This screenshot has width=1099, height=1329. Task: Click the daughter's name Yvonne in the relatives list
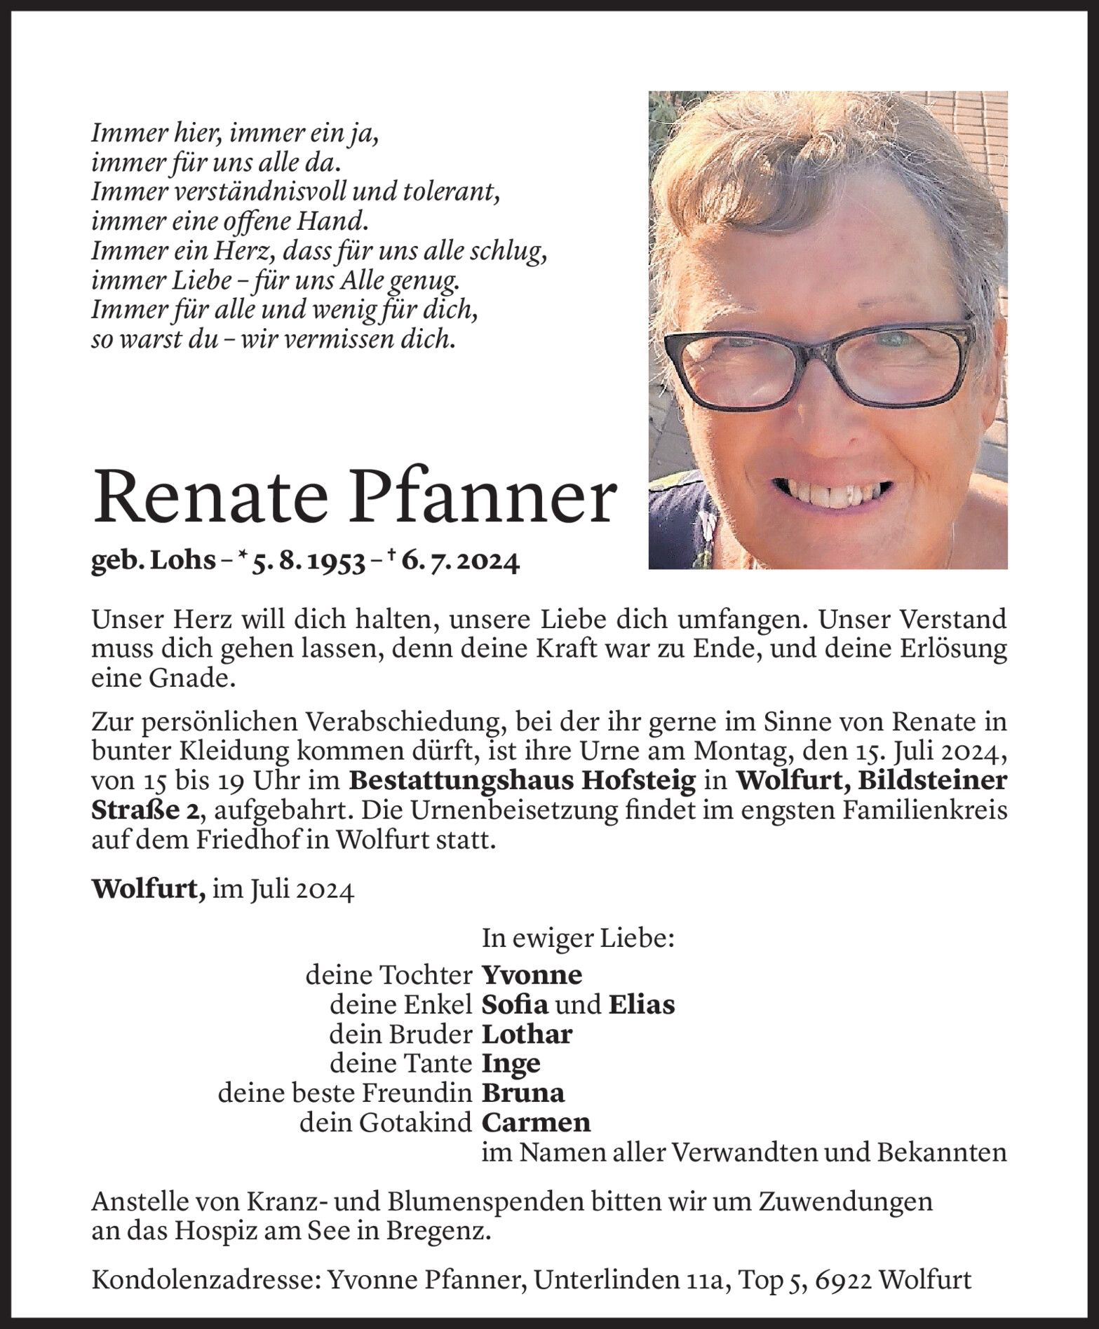532,975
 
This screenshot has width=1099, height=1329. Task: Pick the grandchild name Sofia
515,1004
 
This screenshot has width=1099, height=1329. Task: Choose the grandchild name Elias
641,1004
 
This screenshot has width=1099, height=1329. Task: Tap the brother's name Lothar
527,1034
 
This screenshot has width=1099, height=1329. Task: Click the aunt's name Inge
511,1063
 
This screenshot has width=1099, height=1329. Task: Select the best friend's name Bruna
522,1093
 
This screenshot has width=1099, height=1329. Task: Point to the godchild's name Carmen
536,1122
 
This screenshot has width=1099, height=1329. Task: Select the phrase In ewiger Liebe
578,938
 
